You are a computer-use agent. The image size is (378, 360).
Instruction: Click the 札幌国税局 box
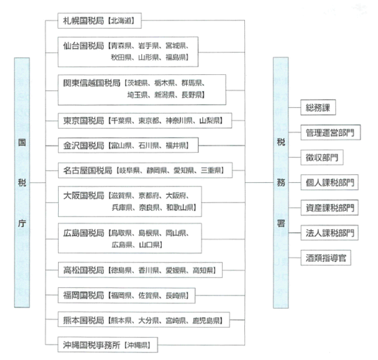point(99,21)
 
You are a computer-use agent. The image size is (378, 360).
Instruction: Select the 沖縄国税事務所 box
point(108,345)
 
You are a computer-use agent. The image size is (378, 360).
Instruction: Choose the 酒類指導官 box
point(325,258)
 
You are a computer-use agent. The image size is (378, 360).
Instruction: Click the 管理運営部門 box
point(330,132)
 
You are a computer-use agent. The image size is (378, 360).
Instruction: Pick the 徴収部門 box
point(322,158)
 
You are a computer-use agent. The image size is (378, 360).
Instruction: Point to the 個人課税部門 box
point(329,183)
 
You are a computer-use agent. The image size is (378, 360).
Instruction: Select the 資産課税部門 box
point(329,207)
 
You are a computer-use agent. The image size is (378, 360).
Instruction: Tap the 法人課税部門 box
point(329,233)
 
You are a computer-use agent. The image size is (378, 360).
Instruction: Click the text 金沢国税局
point(83,146)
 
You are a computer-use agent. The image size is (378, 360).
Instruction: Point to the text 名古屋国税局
point(87,170)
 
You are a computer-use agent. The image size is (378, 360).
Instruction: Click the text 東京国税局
point(83,120)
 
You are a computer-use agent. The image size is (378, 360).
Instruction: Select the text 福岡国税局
point(83,295)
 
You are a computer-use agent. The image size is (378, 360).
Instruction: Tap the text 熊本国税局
point(83,320)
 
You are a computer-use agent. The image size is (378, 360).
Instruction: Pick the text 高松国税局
point(83,270)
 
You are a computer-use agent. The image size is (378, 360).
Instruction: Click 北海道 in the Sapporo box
point(121,21)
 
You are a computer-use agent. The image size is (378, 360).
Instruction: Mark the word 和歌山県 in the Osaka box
point(180,207)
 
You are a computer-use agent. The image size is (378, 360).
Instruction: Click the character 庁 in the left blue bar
point(22,223)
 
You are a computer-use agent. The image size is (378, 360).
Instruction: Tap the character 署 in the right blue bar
point(281,223)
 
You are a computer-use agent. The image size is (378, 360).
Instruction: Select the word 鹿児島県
point(206,321)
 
